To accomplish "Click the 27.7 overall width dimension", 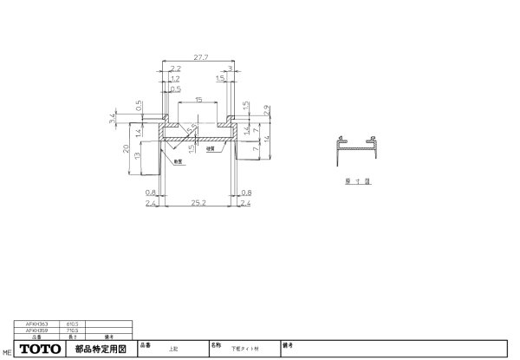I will point(200,56).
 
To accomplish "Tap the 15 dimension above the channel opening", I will point(199,100).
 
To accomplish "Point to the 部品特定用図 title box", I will point(101,350).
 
